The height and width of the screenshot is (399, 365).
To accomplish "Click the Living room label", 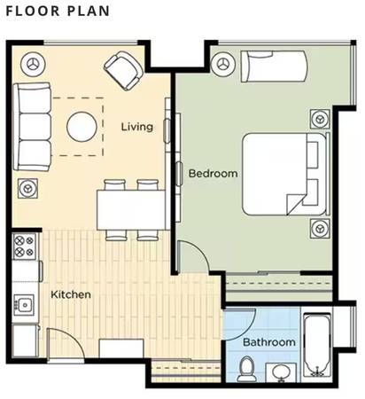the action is [x=137, y=127].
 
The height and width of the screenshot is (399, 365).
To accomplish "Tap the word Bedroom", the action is [x=213, y=173].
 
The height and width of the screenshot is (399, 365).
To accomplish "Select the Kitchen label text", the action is [x=71, y=294].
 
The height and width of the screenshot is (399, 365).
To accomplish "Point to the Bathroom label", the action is [x=269, y=342].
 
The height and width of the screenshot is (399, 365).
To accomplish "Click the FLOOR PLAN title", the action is [x=58, y=12].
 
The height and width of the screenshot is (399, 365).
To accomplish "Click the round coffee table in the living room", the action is [x=82, y=127].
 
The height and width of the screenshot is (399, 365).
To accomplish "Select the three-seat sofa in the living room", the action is [x=32, y=127].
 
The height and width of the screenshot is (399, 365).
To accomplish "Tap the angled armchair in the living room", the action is [x=124, y=70].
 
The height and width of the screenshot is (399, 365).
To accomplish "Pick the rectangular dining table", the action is [x=131, y=210].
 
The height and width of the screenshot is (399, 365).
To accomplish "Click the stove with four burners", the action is [x=24, y=246].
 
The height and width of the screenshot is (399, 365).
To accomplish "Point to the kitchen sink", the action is [x=24, y=304].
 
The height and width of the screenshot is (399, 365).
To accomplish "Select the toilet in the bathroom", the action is [x=246, y=369].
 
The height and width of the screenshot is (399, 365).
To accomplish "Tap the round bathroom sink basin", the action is [x=282, y=372].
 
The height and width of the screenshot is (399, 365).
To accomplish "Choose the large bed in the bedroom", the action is [x=285, y=174].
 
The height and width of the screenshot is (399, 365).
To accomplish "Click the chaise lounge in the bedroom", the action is [x=275, y=66].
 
